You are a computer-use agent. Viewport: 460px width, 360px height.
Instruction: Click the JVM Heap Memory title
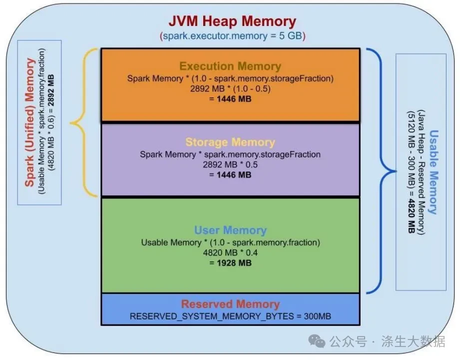[232, 21]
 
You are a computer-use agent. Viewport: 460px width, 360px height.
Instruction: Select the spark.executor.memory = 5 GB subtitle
[232, 36]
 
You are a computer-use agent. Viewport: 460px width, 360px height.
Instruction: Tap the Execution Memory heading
[230, 66]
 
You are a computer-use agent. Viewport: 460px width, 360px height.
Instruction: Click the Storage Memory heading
[230, 142]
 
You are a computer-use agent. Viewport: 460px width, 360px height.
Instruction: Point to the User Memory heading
[230, 230]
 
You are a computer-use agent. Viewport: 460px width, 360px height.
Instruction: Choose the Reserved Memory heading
[230, 304]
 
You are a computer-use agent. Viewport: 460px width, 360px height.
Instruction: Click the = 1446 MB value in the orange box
[230, 99]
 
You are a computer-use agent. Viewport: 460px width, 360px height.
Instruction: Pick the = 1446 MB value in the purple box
[230, 175]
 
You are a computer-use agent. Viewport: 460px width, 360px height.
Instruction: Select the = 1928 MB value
[230, 263]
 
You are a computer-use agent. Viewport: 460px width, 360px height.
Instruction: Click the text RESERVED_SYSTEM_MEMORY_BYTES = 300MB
[230, 316]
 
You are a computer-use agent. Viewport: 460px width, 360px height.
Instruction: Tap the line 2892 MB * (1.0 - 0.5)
[230, 88]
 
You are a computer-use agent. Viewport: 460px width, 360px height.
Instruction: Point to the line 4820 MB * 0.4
[230, 252]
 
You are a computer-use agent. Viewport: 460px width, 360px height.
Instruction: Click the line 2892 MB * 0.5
[230, 164]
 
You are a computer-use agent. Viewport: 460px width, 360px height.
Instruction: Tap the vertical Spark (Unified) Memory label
[29, 122]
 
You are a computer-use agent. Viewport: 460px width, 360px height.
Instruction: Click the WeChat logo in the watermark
[317, 341]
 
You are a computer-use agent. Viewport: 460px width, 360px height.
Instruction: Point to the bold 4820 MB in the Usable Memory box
[411, 216]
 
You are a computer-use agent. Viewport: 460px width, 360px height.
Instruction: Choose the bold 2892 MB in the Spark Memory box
[51, 90]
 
